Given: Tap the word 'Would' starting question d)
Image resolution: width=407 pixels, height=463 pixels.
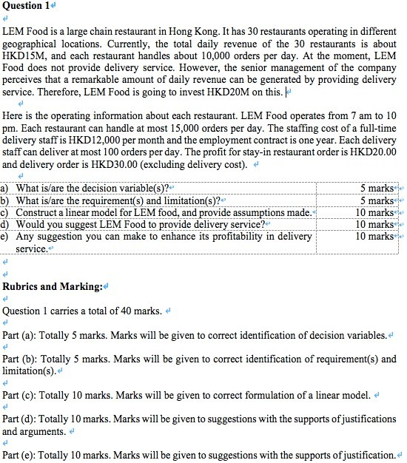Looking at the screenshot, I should point(30,224).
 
